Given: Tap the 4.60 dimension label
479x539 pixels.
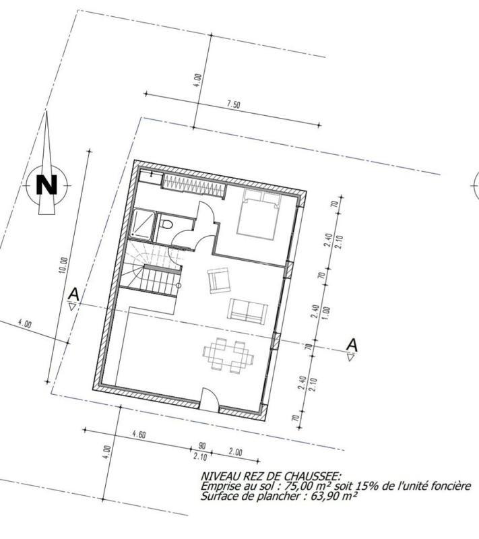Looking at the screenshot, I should click(x=139, y=435).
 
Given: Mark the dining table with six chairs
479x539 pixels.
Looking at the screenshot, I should click(x=228, y=354).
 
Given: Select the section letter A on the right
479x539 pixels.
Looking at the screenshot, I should click(x=350, y=344).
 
